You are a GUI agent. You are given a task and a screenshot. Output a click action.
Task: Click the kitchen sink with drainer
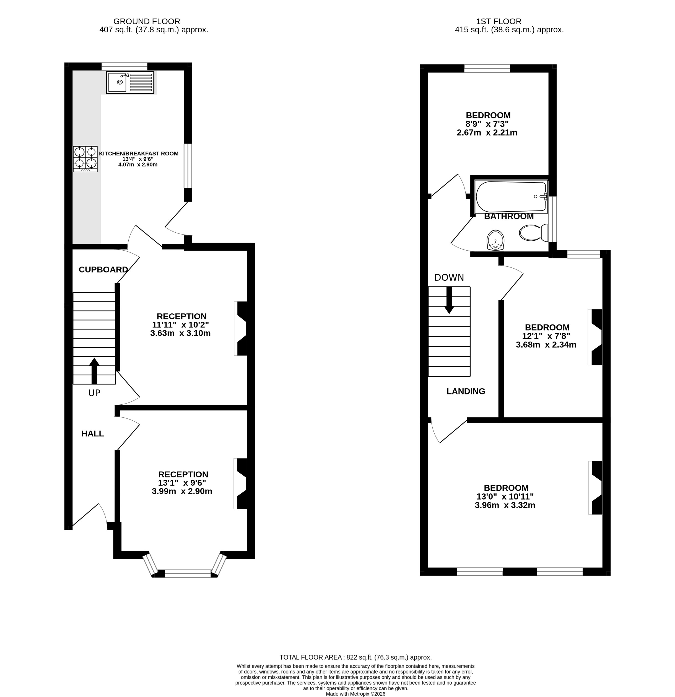[130, 82]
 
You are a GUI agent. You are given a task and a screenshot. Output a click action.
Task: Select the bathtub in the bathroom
[511, 197]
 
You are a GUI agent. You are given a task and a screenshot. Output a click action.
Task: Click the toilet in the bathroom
[533, 233]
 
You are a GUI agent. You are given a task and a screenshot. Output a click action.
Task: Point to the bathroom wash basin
[495, 240]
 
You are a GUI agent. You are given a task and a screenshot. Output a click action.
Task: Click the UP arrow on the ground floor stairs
[94, 371]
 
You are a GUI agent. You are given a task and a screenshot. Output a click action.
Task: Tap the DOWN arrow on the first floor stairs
[449, 300]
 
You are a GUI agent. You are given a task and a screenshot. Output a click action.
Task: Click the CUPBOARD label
[103, 270]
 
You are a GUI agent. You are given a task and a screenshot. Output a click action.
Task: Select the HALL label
[92, 433]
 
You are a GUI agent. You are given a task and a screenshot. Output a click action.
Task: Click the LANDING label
[466, 391]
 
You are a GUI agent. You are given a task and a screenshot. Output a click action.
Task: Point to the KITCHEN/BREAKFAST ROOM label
[139, 154]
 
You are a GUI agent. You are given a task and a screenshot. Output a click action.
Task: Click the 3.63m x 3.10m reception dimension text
[180, 333]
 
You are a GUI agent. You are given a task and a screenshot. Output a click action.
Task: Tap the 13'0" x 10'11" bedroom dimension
[505, 496]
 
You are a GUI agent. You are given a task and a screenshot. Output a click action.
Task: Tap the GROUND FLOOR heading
[147, 21]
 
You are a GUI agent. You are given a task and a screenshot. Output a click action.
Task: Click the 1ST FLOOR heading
[499, 21]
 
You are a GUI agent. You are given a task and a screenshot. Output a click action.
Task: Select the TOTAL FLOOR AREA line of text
[355, 657]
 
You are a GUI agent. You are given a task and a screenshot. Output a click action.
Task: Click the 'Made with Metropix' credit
[355, 694]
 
